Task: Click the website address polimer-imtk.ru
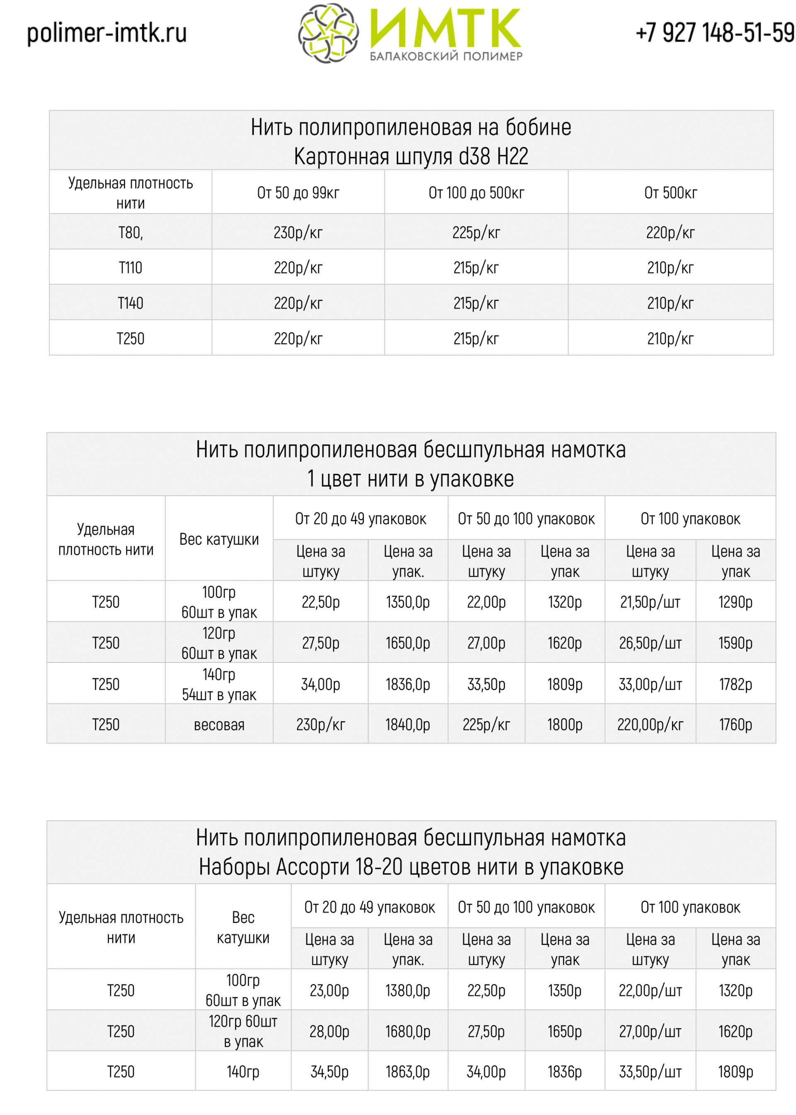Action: click(107, 33)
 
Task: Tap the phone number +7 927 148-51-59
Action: click(715, 33)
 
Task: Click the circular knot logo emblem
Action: click(328, 33)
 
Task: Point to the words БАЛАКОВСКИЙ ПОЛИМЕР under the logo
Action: click(446, 56)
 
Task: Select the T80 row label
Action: click(130, 232)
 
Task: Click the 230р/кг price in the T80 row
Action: click(298, 232)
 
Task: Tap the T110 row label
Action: click(130, 268)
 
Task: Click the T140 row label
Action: click(130, 303)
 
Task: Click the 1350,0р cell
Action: click(408, 601)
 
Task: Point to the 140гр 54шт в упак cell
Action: click(219, 684)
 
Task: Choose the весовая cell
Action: click(219, 724)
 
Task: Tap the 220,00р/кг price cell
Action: click(650, 724)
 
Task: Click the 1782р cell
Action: click(735, 684)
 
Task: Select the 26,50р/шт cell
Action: click(650, 643)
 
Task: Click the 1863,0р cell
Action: click(408, 1071)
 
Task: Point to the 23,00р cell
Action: click(329, 990)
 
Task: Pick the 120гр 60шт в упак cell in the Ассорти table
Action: click(243, 1031)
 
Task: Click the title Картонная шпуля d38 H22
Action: click(411, 156)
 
